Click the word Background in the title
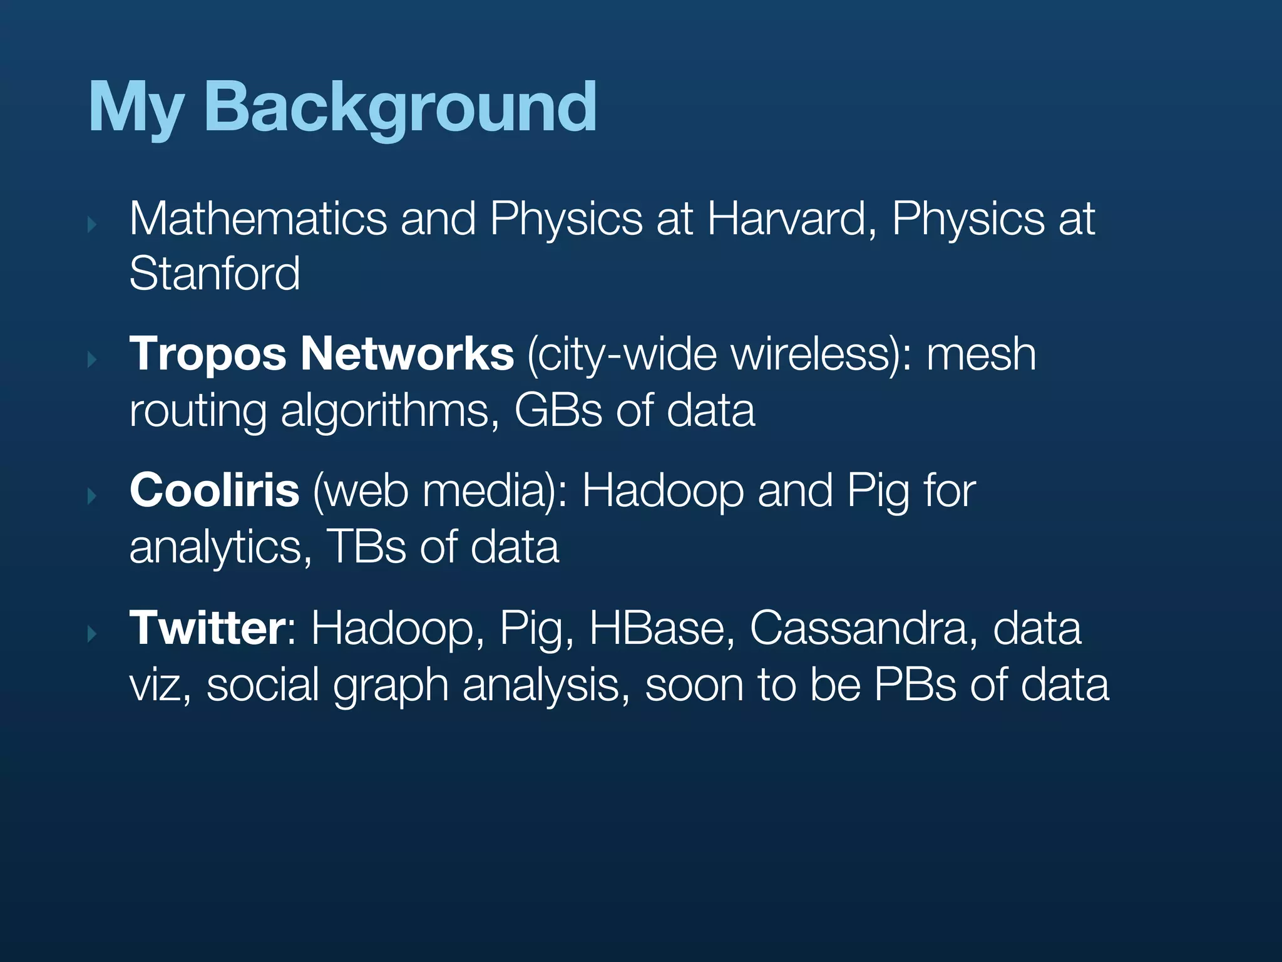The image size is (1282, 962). point(401,108)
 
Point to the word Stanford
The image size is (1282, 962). point(215,274)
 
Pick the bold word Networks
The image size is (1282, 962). point(408,354)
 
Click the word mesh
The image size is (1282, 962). point(981,355)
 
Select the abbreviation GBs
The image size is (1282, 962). point(558,411)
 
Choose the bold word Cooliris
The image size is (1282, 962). point(214,490)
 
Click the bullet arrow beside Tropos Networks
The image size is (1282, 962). point(92,359)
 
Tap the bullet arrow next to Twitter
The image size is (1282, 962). point(92,633)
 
